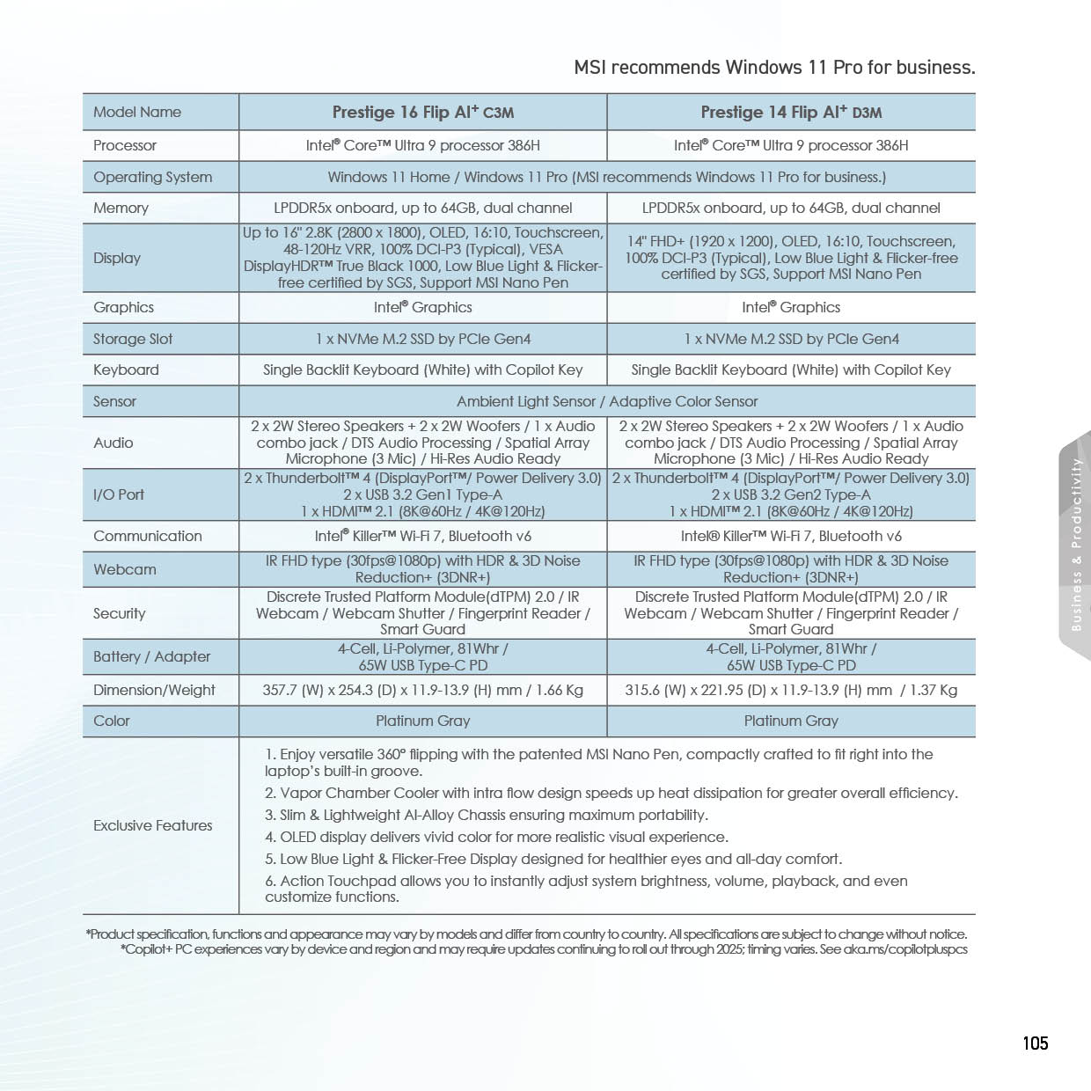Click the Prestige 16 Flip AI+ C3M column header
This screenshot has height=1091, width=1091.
pyautogui.click(x=422, y=112)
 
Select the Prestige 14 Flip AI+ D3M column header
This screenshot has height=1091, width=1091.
pyautogui.click(x=791, y=112)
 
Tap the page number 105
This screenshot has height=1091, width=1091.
pyautogui.click(x=1036, y=1043)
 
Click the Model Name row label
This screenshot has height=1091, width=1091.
pyautogui.click(x=137, y=112)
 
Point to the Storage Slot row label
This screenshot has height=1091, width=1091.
pyautogui.click(x=133, y=339)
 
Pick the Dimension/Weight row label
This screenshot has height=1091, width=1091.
pyautogui.click(x=154, y=690)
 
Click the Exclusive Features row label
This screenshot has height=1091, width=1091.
pyautogui.click(x=153, y=825)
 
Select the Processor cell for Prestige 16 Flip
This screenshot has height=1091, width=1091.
pyautogui.click(x=422, y=145)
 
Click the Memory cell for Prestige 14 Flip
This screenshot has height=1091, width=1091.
pyautogui.click(x=791, y=208)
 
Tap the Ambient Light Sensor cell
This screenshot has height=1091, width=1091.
pyautogui.click(x=607, y=401)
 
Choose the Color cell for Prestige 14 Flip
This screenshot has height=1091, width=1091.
pyautogui.click(x=791, y=721)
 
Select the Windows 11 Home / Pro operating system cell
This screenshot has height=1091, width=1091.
pyautogui.click(x=607, y=177)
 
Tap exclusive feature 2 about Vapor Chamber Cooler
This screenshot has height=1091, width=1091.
pyautogui.click(x=611, y=793)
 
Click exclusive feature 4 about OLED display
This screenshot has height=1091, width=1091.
pyautogui.click(x=496, y=837)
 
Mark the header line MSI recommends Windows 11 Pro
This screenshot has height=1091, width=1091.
pyautogui.click(x=774, y=68)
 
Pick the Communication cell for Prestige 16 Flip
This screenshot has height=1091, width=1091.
pyautogui.click(x=422, y=536)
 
